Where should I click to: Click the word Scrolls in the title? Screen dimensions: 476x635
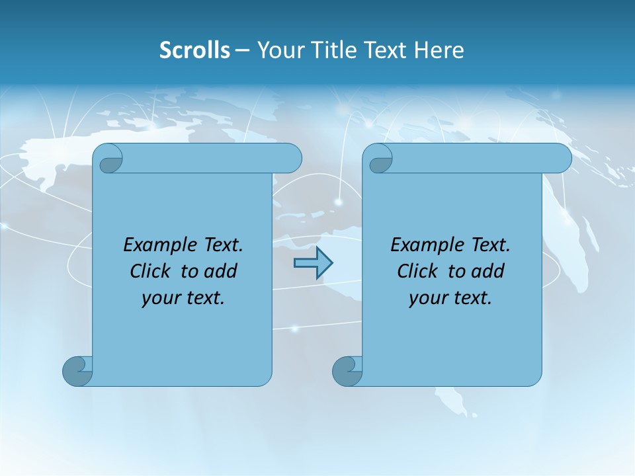[x=194, y=50]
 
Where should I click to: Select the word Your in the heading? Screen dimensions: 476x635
[x=278, y=50]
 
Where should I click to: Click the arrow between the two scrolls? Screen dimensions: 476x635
[x=313, y=263]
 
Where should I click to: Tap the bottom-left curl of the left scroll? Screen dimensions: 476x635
[x=77, y=370]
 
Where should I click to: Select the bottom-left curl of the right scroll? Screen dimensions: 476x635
[x=347, y=370]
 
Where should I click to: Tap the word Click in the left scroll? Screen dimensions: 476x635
[x=151, y=272]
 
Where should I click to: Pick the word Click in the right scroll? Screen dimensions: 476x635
[x=418, y=272]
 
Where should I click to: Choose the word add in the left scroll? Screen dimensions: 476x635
[x=221, y=272]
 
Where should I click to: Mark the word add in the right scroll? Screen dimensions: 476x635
[x=488, y=272]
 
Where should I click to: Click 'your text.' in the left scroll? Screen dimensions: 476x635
[x=183, y=298]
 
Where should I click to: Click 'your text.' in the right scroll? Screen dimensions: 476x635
[x=450, y=298]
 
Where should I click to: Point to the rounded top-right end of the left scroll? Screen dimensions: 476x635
[x=291, y=159]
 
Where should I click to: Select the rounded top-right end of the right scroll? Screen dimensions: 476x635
[x=561, y=159]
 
